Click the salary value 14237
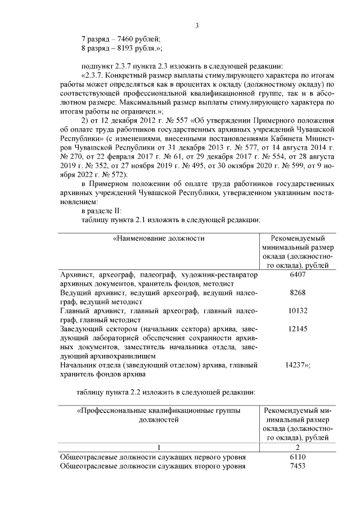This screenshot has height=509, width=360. pos(298,364)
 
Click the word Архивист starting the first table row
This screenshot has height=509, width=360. pos(76,274)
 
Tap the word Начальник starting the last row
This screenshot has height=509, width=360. pos(79,364)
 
